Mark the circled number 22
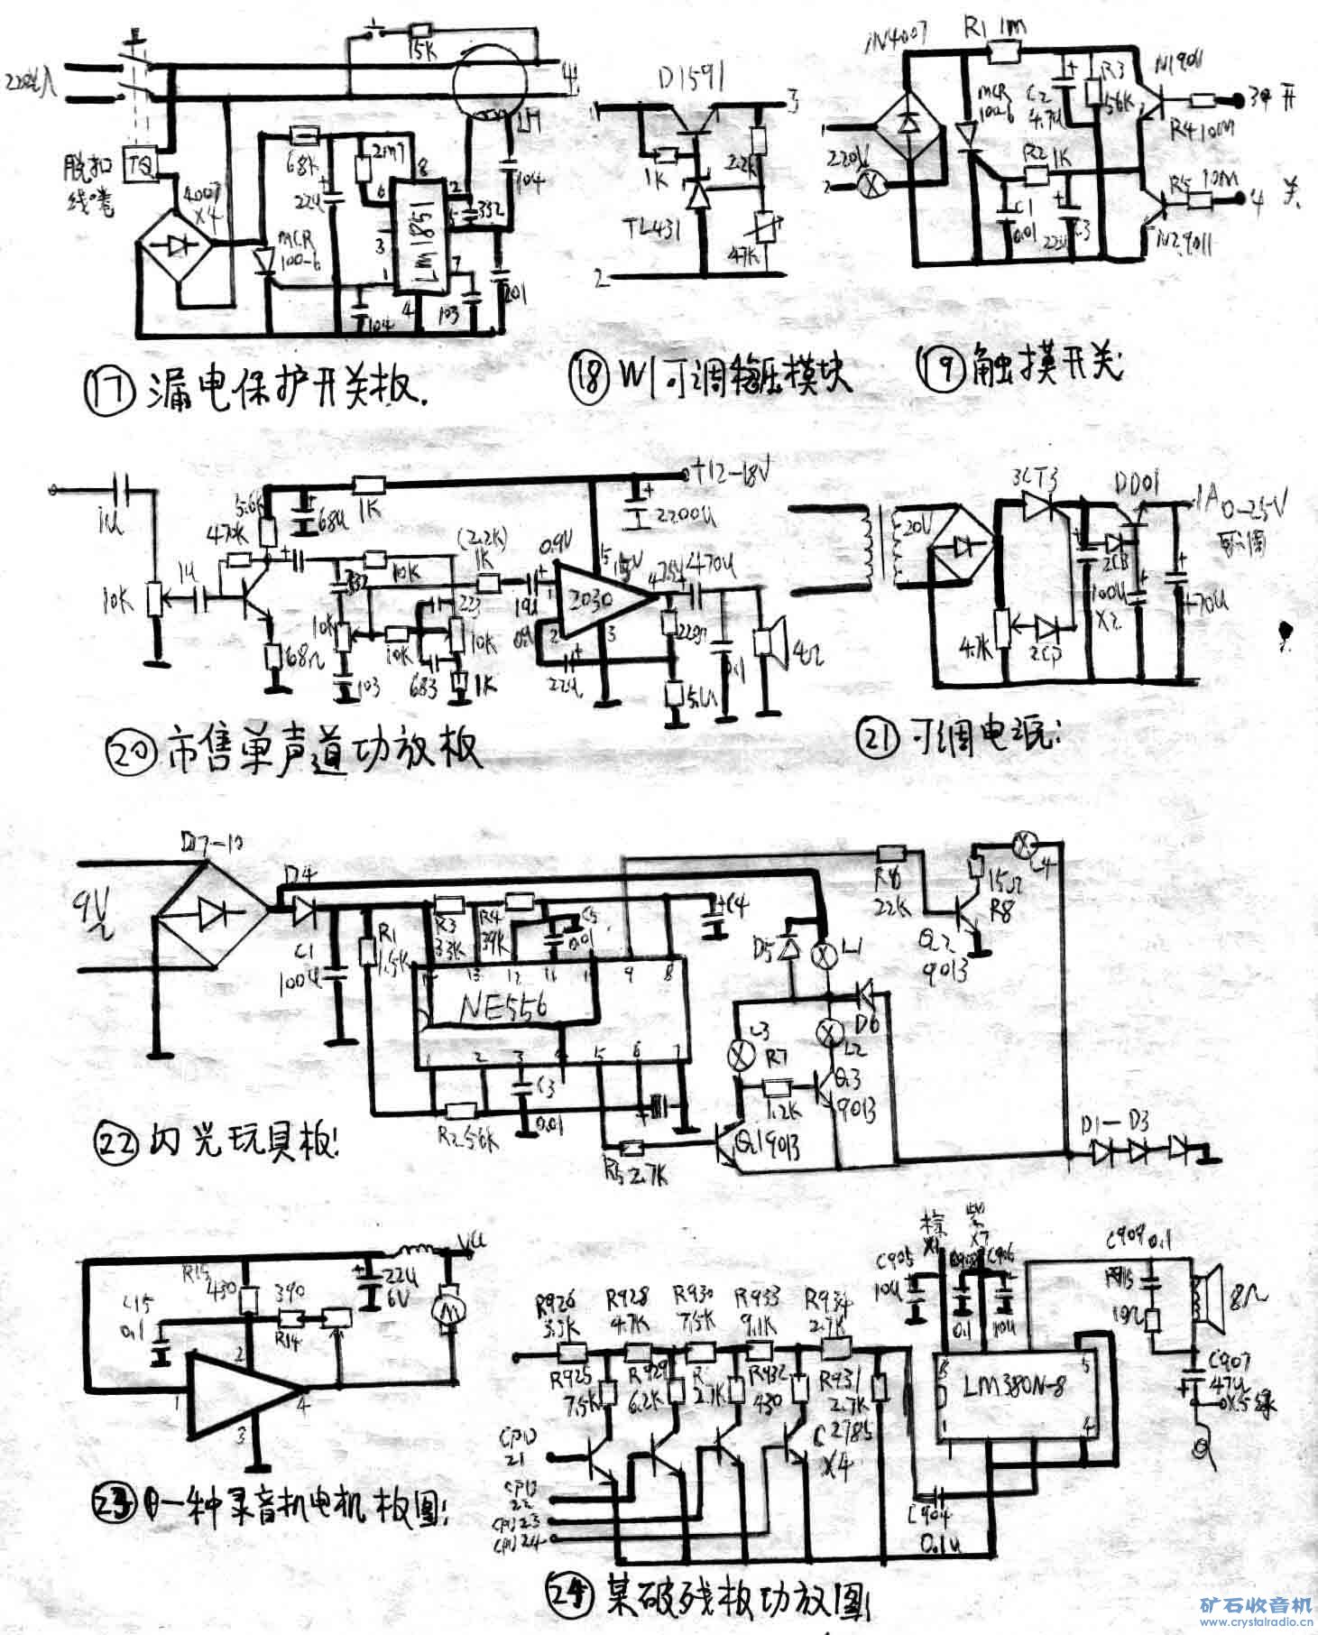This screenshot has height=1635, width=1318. [x=117, y=1143]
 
